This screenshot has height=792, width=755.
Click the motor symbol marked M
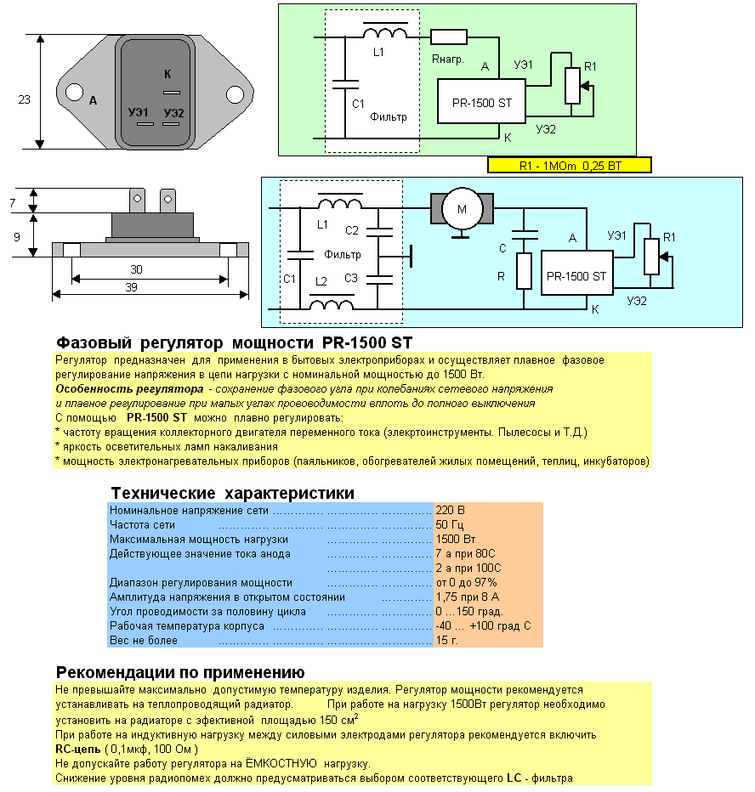[x=462, y=208]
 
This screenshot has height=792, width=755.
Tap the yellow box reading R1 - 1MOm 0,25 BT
[x=570, y=166]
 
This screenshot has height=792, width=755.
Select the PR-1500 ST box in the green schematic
[x=481, y=101]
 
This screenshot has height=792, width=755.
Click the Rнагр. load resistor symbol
[x=449, y=37]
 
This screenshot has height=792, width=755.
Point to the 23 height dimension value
[x=25, y=99]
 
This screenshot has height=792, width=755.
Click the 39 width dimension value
[x=132, y=287]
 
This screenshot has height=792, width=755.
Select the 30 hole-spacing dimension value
[x=136, y=269]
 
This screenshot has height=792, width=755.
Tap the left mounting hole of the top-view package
[x=74, y=93]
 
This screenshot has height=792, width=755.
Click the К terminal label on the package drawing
[x=167, y=74]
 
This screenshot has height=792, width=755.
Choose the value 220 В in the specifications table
[x=450, y=510]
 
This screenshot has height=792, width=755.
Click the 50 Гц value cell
[x=449, y=525]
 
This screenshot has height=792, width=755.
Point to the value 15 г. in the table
[x=446, y=640]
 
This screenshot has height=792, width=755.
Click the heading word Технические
[x=163, y=493]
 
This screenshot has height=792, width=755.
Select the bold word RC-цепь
[x=78, y=749]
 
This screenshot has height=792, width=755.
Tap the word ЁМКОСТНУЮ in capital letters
[x=281, y=763]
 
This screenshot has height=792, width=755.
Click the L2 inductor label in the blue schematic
[x=321, y=281]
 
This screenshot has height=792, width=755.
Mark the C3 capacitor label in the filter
[x=351, y=279]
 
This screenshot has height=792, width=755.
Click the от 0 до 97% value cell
[x=467, y=582]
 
